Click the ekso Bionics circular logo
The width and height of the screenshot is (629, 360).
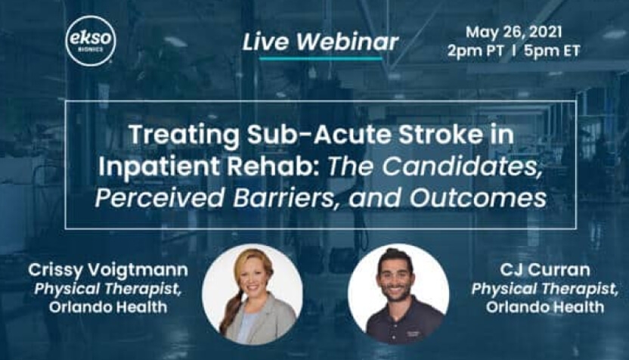[x=90, y=41]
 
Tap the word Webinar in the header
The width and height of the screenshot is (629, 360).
[x=348, y=42]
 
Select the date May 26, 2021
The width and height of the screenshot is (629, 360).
[x=513, y=32]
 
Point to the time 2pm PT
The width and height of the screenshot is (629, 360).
[x=476, y=51]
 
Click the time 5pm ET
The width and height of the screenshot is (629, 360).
[x=552, y=51]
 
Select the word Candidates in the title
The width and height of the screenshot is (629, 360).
[x=460, y=166]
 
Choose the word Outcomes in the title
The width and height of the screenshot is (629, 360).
[x=478, y=197]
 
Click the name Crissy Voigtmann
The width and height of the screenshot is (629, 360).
[x=108, y=270]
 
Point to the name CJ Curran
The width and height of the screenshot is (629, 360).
[x=545, y=270]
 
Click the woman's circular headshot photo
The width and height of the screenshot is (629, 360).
[x=253, y=294]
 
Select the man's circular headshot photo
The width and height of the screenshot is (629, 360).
[x=398, y=294]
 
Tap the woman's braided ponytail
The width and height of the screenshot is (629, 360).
[x=231, y=309]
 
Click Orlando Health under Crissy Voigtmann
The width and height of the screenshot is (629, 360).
[x=108, y=307]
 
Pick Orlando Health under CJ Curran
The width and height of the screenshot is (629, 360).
[x=545, y=307]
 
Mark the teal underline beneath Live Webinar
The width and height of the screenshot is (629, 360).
[x=321, y=58]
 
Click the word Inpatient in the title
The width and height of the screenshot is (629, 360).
[x=159, y=166]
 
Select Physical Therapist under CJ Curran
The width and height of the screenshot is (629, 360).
[x=545, y=289]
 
